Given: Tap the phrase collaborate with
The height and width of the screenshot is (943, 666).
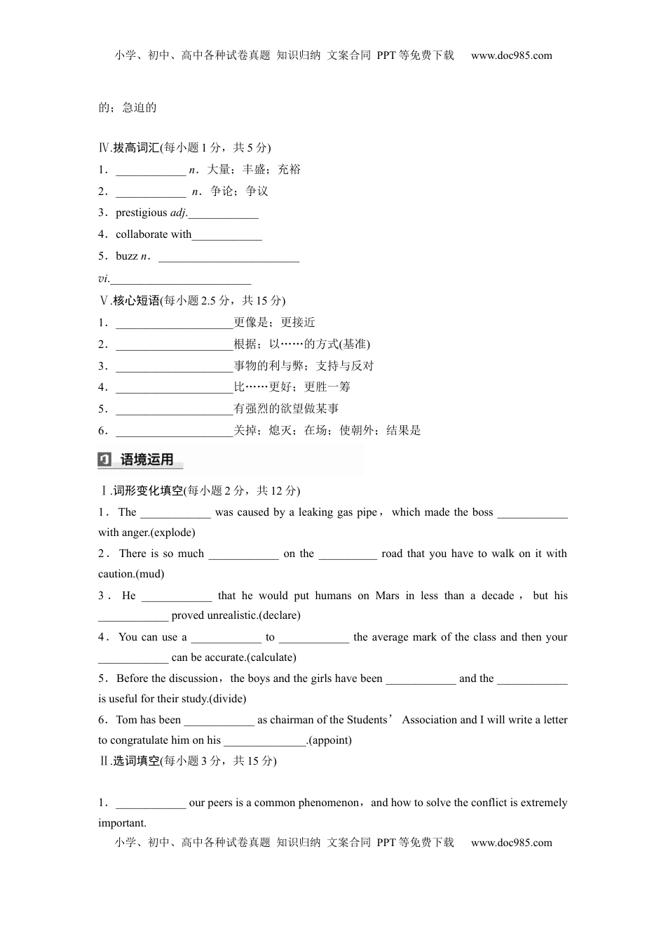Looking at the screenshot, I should click(x=153, y=234).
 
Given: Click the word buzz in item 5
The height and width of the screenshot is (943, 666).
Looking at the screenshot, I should click(x=127, y=256).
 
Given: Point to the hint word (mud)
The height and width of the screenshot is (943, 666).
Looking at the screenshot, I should click(x=150, y=574).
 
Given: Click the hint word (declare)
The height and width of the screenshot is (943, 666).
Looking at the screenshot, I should click(x=280, y=615).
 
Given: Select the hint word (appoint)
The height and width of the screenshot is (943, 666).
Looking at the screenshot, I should click(x=330, y=740).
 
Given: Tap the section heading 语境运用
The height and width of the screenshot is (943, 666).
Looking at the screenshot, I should click(x=147, y=460).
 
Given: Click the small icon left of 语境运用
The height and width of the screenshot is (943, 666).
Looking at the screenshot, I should click(x=104, y=460).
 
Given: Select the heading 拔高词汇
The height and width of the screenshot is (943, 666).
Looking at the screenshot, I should click(x=136, y=147).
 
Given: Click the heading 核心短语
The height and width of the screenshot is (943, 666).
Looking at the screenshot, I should click(x=136, y=300).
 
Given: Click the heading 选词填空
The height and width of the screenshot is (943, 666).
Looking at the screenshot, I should click(x=136, y=761).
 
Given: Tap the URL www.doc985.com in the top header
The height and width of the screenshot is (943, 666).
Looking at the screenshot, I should click(x=511, y=55).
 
